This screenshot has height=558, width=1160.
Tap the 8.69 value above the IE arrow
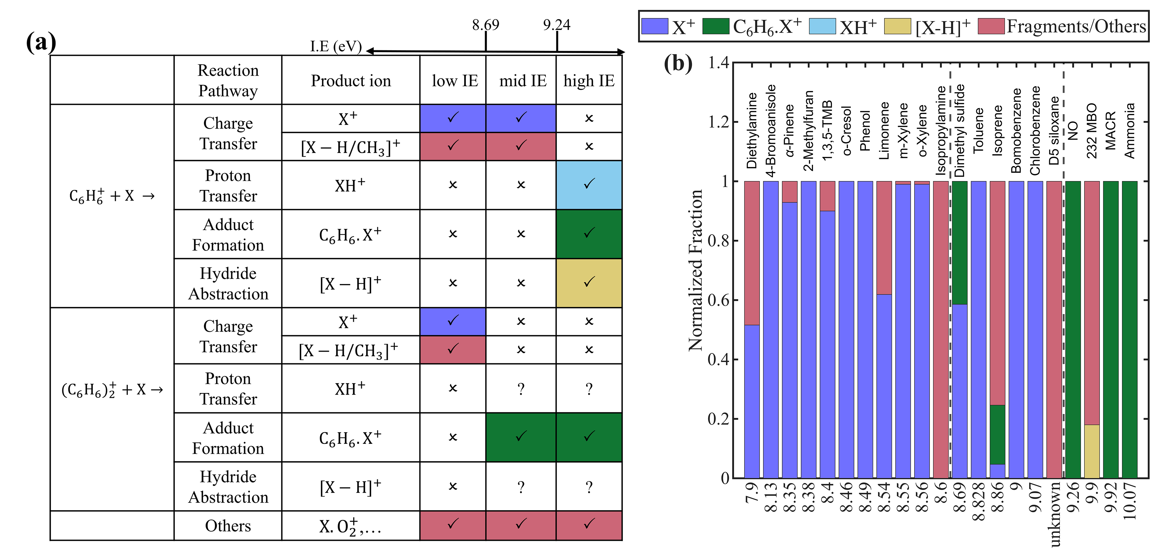(x=486, y=25)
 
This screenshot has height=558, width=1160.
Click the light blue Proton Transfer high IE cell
(x=589, y=185)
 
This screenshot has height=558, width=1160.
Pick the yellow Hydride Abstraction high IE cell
(x=589, y=283)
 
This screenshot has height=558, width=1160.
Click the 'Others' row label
(x=228, y=525)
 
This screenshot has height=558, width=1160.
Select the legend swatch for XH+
(x=822, y=26)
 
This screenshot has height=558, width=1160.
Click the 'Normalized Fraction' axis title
(x=696, y=270)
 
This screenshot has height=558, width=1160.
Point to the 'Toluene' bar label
(x=978, y=130)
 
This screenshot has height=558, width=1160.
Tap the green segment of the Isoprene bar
(x=998, y=435)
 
